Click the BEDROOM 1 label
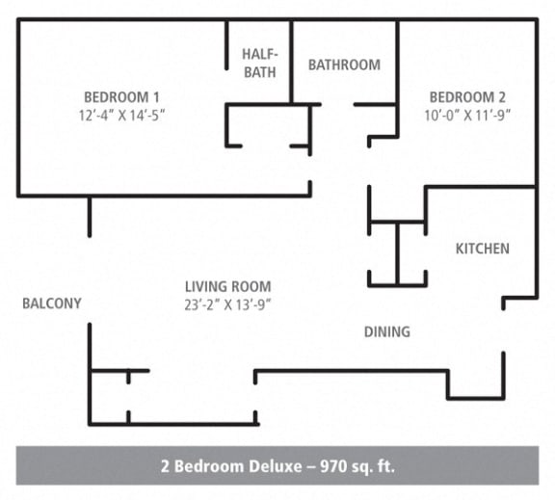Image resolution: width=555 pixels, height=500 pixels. (121, 96)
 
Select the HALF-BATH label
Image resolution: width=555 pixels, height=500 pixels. (259, 63)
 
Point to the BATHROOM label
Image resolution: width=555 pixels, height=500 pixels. (344, 65)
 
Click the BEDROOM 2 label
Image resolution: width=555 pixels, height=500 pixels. (467, 96)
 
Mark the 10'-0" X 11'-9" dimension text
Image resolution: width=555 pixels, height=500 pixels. (467, 115)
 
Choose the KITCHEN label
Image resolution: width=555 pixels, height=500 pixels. (482, 249)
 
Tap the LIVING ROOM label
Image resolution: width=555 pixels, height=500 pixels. (227, 286)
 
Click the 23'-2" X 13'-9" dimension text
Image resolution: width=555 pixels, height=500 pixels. (227, 304)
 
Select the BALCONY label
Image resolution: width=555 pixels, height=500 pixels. (51, 303)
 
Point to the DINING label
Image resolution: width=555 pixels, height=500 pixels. (386, 331)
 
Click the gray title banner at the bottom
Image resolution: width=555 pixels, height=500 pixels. (277, 465)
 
